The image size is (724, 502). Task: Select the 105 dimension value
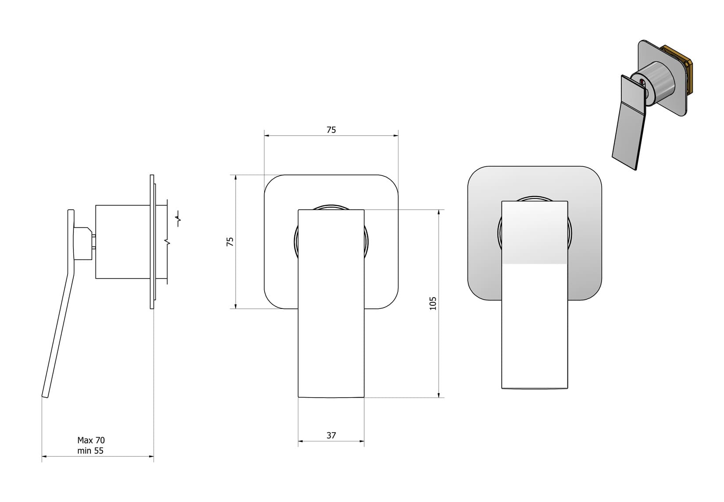(x=433, y=304)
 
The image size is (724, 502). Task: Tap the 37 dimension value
(x=331, y=435)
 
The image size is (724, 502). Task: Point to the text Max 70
(x=91, y=440)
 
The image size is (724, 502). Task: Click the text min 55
(x=90, y=451)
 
